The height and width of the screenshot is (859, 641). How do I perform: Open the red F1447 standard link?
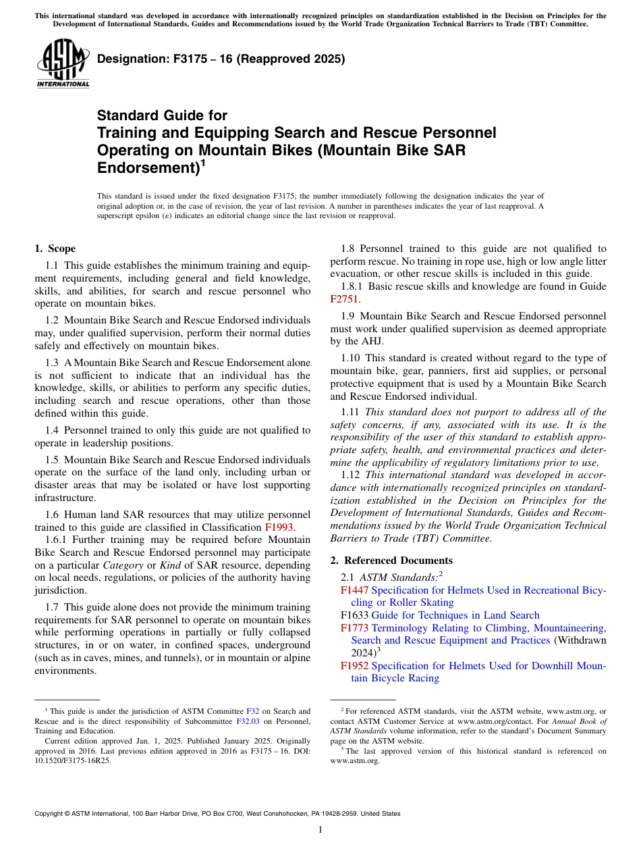click(x=354, y=590)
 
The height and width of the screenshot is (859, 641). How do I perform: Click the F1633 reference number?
click(x=354, y=615)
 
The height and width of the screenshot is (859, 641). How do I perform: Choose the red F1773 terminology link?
click(x=354, y=628)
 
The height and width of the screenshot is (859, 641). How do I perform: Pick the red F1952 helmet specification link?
click(x=354, y=666)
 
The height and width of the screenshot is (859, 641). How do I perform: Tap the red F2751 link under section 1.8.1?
click(x=344, y=299)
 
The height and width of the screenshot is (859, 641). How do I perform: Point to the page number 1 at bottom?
click(x=320, y=830)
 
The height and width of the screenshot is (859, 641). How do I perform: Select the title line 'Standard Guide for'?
click(x=163, y=115)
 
